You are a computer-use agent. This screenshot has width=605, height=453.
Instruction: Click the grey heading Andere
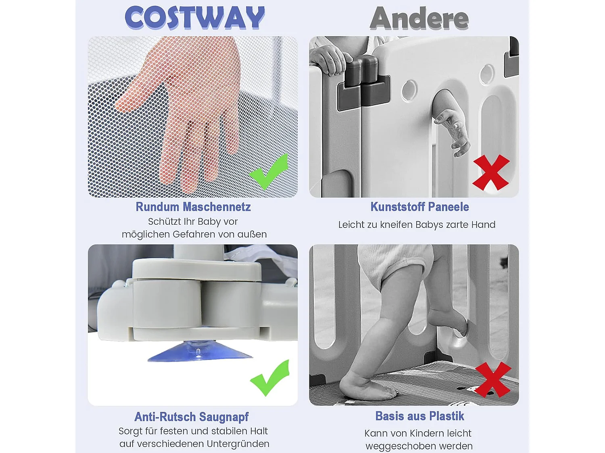pos(419,18)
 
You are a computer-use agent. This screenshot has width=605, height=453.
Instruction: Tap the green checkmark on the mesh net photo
pos(269,172)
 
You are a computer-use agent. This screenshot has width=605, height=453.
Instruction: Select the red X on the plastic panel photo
pos(491,172)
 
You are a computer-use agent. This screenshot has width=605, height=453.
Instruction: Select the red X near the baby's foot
pos(493,380)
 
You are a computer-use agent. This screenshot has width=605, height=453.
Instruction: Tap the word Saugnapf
pos(224,416)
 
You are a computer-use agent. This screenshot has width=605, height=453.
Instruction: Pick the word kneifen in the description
pos(396,225)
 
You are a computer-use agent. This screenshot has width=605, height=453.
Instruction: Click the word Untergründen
pos(238,444)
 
